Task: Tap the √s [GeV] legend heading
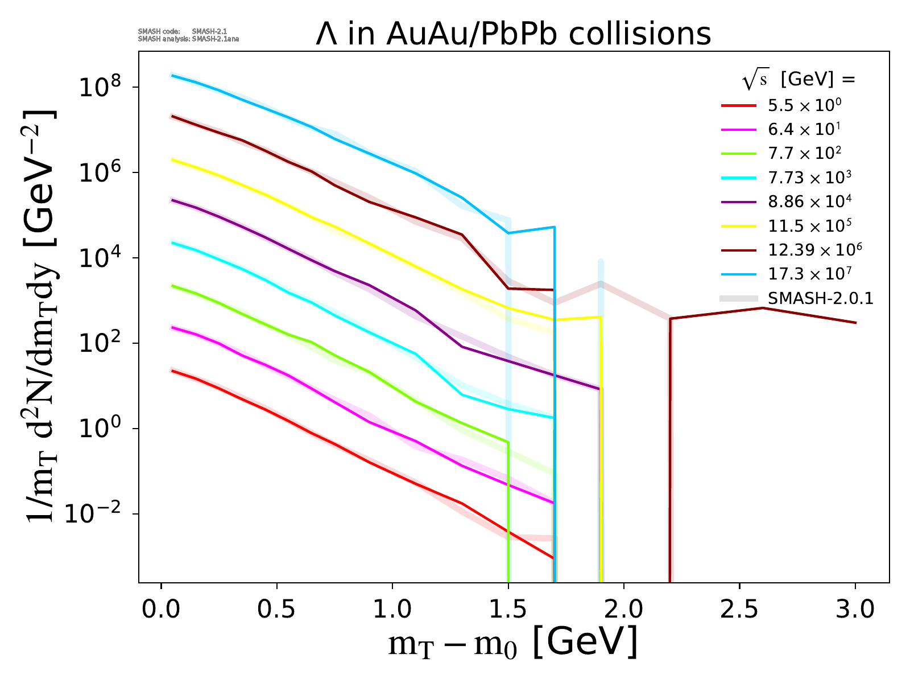coord(799,80)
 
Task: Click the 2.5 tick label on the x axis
coord(739,610)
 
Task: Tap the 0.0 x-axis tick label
coord(162,610)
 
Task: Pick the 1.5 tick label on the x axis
coord(508,610)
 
